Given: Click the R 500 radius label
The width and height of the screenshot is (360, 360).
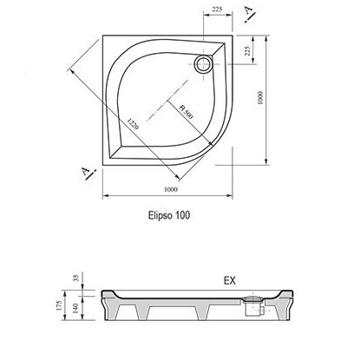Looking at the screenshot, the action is click(x=186, y=112).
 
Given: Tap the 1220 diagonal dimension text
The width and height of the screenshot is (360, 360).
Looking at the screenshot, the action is click(x=133, y=123).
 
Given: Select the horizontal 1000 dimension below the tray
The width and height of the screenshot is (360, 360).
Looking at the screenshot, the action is click(x=171, y=189).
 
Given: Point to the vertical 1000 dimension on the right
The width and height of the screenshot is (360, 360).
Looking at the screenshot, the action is click(x=260, y=97).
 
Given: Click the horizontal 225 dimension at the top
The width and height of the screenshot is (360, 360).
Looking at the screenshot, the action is click(x=217, y=10).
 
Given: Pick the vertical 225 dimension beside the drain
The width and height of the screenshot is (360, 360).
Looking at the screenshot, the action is click(x=247, y=51).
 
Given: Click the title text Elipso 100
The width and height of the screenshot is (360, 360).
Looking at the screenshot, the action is click(x=169, y=215).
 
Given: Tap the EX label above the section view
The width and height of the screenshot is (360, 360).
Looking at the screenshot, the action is click(x=230, y=280).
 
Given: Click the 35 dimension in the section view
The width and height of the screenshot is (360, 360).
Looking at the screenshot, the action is click(x=76, y=278).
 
